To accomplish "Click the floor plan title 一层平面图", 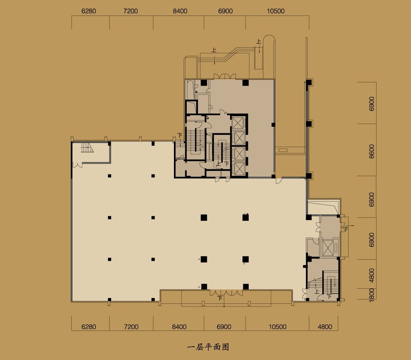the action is pyautogui.click(x=208, y=347).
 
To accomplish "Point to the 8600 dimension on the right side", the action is pyautogui.click(x=371, y=151).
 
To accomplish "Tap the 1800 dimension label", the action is pyautogui.click(x=371, y=295).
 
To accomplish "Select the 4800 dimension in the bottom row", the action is pyautogui.click(x=325, y=327).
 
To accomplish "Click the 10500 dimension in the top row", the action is pyautogui.click(x=275, y=11).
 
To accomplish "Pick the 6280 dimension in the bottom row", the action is pyautogui.click(x=89, y=327).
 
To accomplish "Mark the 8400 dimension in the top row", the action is pyautogui.click(x=180, y=11).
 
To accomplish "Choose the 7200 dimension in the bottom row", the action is pyautogui.click(x=131, y=327).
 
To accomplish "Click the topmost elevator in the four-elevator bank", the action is pyautogui.click(x=238, y=123).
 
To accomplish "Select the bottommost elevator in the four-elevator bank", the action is pyautogui.click(x=239, y=169).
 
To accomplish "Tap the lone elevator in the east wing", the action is pyautogui.click(x=328, y=248).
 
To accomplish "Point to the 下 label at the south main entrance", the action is pyautogui.click(x=220, y=298).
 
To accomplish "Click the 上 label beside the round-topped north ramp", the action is pyautogui.click(x=259, y=41).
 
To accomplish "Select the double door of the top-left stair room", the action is pyautogui.click(x=77, y=165).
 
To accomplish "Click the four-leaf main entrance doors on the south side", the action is pyautogui.click(x=226, y=293).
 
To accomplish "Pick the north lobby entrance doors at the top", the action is pyautogui.click(x=225, y=76).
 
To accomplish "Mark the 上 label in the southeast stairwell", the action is pyautogui.click(x=316, y=291).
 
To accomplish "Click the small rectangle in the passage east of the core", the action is pyautogui.click(x=283, y=150).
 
